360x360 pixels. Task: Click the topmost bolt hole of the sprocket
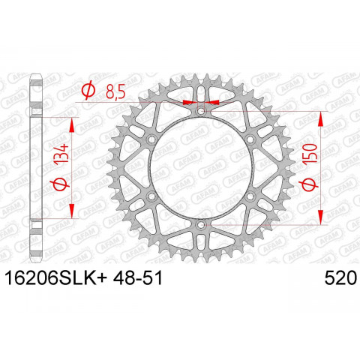(x=200, y=111)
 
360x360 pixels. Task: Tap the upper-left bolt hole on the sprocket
(x=152, y=139)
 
